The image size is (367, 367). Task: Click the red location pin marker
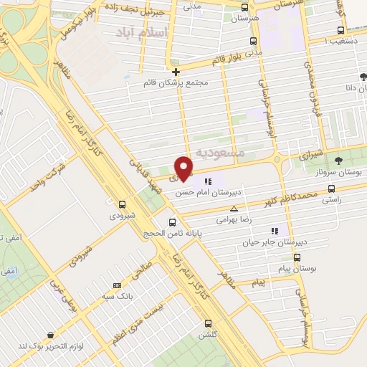pos(184,168)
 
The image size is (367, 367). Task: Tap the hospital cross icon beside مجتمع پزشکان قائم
pos(176,71)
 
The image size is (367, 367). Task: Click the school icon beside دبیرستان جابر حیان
pos(273,230)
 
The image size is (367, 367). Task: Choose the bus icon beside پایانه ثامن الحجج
pos(172,222)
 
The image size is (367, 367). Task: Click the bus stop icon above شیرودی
pos(122,204)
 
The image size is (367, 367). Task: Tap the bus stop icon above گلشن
pos(209,323)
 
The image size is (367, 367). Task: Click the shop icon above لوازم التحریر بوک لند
pos(50,335)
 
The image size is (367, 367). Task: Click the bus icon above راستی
pos(330,189)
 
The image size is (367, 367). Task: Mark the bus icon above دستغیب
pos(340,30)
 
